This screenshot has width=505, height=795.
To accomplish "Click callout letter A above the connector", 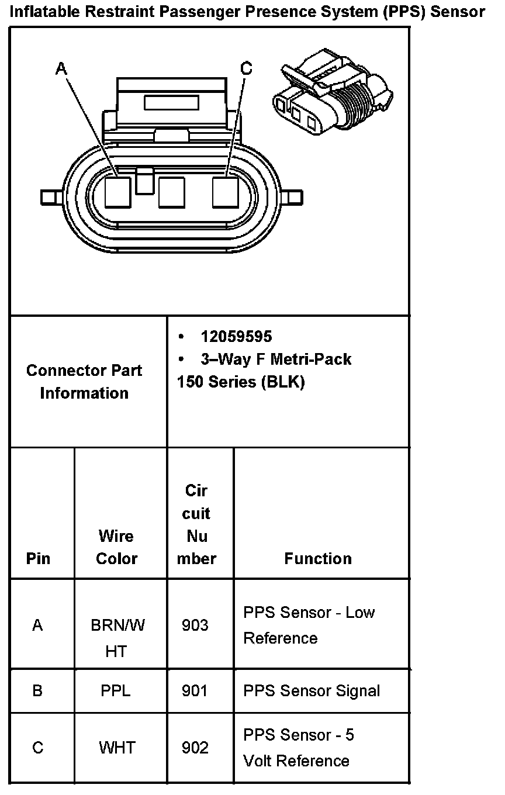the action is [61, 69].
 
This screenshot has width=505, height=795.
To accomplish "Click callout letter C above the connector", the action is [247, 69].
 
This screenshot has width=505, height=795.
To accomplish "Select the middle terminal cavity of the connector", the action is [172, 192].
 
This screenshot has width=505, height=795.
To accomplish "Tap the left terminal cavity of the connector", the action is [118, 192].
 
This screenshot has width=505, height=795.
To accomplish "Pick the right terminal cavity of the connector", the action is [225, 192].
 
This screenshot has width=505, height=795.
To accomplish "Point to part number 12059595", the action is [236, 336].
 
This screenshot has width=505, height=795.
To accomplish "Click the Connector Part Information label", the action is [84, 381].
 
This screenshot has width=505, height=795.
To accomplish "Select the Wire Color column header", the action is [116, 547].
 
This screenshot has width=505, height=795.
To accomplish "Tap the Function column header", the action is [318, 558].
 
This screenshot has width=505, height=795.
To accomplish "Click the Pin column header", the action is [38, 558].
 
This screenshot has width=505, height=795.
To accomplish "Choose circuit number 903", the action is [195, 625].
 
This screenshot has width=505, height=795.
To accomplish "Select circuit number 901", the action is [195, 691].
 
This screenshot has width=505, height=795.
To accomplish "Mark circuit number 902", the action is [195, 748].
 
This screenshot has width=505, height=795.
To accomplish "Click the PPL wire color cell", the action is [116, 691].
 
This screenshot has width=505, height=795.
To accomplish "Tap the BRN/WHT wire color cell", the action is [117, 638].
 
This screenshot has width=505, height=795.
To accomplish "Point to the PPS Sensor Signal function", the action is [312, 691].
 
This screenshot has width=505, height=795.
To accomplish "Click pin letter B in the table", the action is [37, 691].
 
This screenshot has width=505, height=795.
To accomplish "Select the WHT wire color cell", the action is [117, 748].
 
